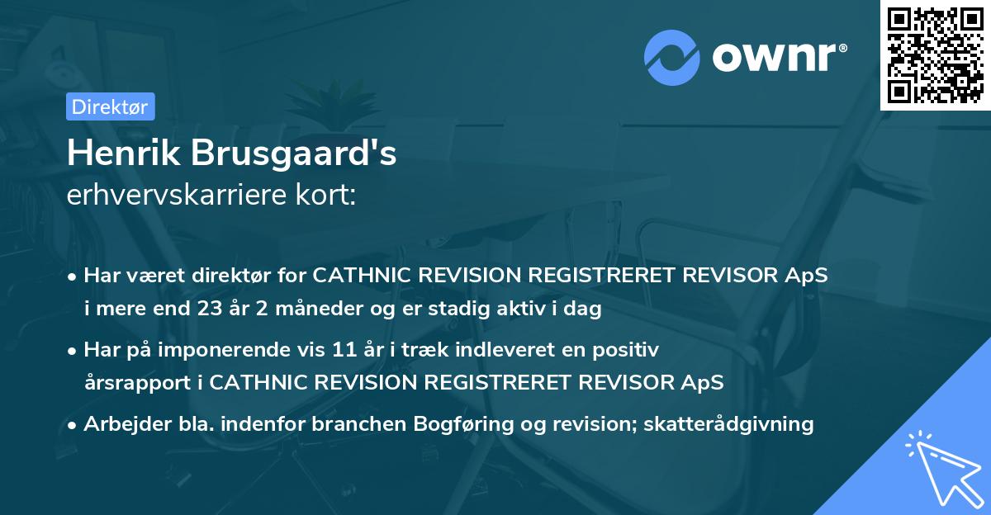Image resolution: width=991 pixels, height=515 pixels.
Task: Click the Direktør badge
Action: [109, 106]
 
